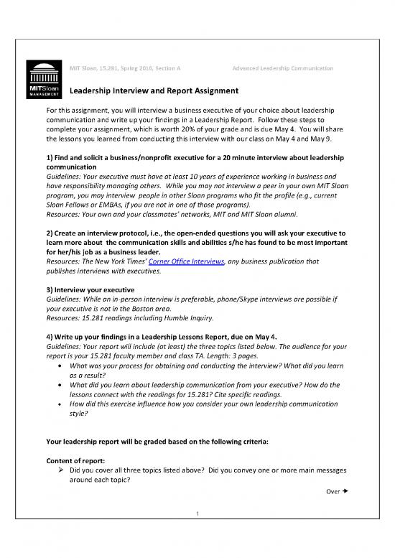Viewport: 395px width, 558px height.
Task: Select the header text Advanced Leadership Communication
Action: point(283,68)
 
